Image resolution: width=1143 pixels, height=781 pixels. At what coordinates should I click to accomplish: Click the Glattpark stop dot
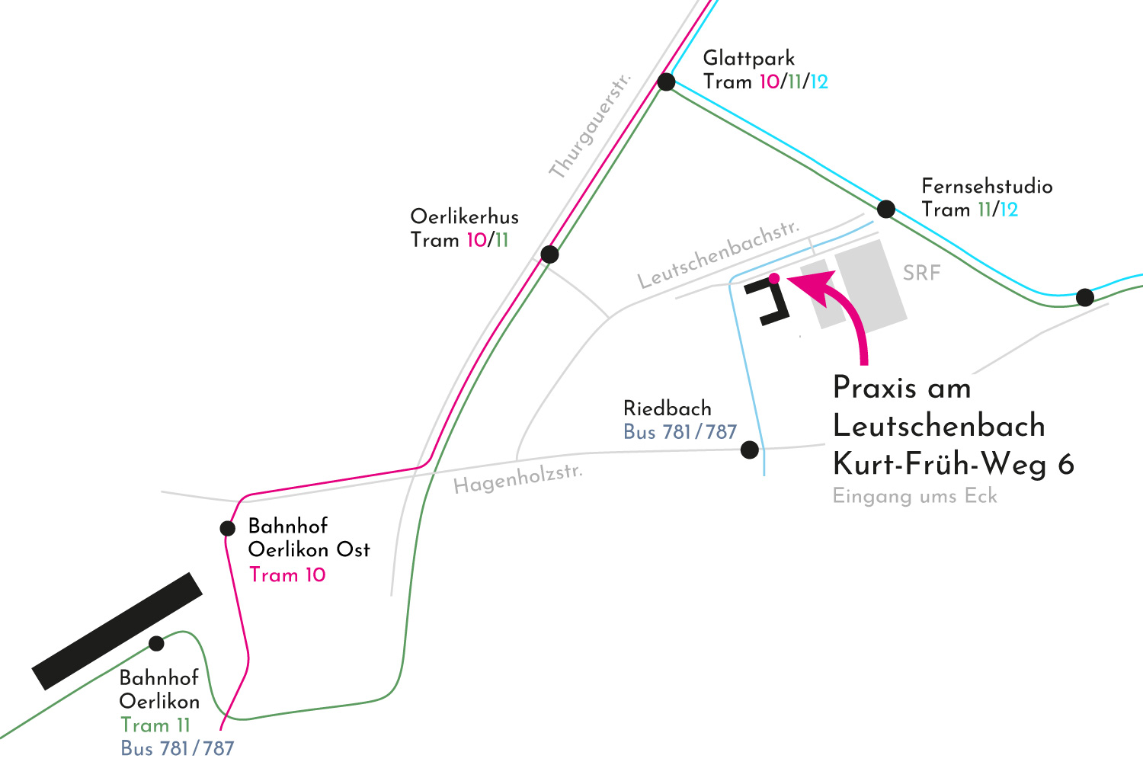tap(666, 82)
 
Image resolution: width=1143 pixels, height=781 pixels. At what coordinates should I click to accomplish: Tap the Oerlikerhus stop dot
tap(549, 254)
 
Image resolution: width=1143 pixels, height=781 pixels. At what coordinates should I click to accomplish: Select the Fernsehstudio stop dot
tap(885, 208)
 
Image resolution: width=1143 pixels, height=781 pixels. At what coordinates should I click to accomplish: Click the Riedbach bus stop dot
tap(750, 450)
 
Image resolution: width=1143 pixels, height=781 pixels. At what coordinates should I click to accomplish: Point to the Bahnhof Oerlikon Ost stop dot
tap(227, 528)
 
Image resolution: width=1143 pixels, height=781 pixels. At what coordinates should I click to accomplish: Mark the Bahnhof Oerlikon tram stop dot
tap(156, 644)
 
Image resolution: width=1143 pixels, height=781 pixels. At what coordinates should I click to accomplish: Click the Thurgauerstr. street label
tap(591, 126)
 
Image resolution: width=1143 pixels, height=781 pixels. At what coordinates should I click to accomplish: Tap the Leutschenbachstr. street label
tap(719, 254)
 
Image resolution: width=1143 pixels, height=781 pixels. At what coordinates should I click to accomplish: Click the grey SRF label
tap(921, 273)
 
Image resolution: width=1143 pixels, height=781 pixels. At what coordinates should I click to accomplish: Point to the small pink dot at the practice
tap(774, 278)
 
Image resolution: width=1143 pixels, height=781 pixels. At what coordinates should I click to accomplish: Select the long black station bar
tap(117, 631)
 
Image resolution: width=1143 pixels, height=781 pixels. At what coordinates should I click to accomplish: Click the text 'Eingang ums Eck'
tap(914, 496)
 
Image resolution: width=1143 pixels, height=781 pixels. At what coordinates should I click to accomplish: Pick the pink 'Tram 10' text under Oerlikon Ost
tap(287, 575)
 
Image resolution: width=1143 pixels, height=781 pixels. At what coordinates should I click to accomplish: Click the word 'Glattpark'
tap(748, 58)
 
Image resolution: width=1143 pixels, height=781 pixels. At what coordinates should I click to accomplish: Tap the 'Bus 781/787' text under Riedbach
tap(680, 432)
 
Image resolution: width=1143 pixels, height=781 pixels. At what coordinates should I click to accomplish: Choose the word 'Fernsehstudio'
tap(987, 186)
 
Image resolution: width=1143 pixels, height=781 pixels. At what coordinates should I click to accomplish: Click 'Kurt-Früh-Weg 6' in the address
tap(953, 463)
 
